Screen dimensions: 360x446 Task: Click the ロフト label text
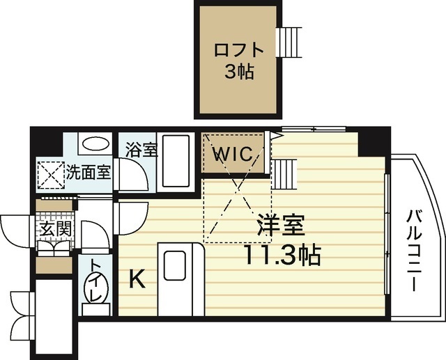click(x=238, y=51)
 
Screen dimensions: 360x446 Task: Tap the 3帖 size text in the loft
click(x=238, y=72)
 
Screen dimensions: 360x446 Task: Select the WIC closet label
click(x=232, y=154)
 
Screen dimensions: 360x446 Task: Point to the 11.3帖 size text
click(x=281, y=255)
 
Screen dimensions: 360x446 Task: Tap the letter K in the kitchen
click(x=138, y=280)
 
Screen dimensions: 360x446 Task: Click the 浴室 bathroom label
click(x=141, y=150)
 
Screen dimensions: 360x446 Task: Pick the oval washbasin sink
click(x=94, y=145)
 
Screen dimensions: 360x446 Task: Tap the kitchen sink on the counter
click(x=174, y=265)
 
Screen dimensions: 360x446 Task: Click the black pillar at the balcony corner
click(x=367, y=142)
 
